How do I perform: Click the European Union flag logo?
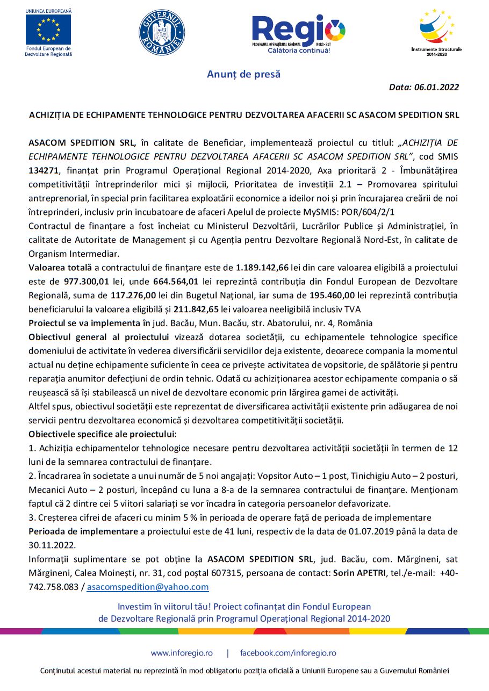point(48,30)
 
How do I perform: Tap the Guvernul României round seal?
point(162,32)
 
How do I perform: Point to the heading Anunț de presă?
point(244,74)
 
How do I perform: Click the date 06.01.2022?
point(436,87)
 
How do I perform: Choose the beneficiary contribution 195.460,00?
point(335,295)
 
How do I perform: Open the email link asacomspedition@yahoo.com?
point(148,587)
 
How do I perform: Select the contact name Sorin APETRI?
point(358,573)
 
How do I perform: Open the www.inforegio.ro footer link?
point(182,653)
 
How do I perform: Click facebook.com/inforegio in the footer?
point(288,653)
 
